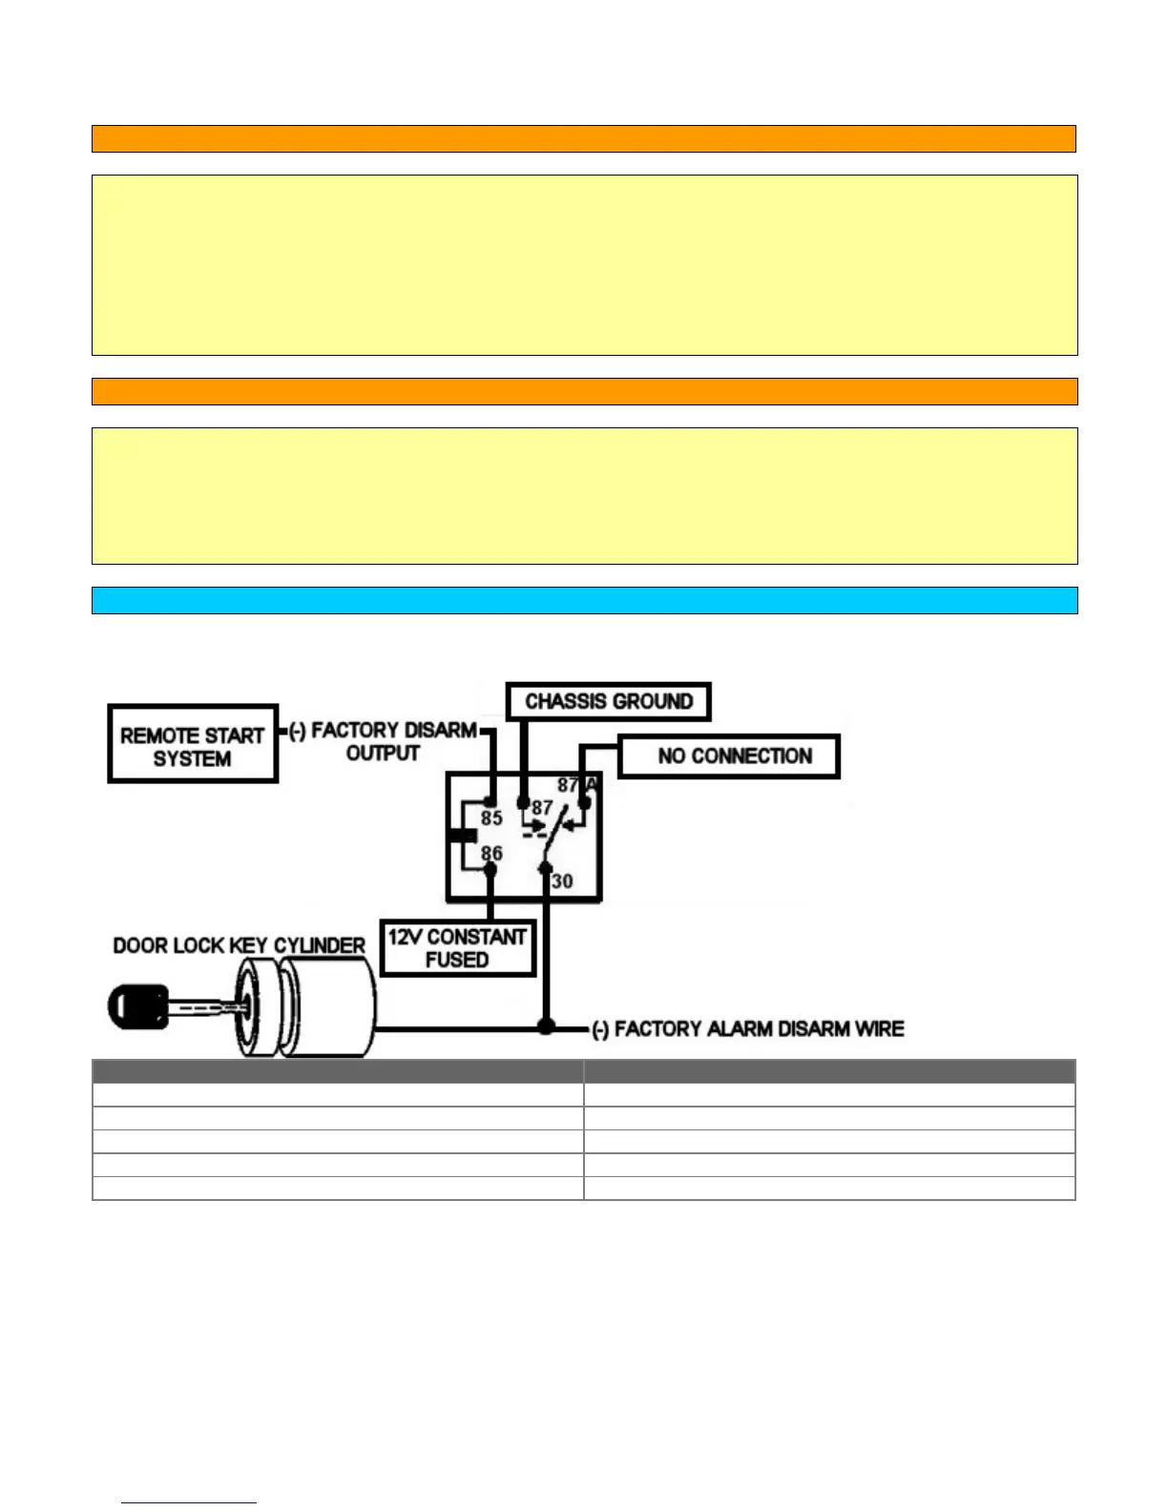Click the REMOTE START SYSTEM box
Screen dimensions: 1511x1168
(x=193, y=744)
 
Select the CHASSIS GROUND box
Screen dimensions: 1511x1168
(x=608, y=701)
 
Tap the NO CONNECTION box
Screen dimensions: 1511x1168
(x=729, y=756)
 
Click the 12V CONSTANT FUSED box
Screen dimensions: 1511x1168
(x=457, y=947)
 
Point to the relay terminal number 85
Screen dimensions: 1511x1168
(x=491, y=818)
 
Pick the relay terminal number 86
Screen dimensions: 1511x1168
(x=491, y=853)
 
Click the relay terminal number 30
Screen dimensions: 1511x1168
(x=562, y=881)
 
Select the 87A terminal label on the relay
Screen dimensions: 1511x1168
(x=576, y=785)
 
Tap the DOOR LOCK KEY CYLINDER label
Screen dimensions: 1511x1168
(x=239, y=945)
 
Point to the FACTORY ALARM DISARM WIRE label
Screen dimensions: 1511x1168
(x=748, y=1029)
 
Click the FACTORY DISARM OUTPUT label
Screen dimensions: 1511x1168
(x=384, y=742)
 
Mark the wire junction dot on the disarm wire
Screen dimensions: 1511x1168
(x=546, y=1027)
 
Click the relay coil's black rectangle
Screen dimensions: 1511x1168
(x=463, y=836)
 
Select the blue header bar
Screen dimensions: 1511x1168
(x=584, y=600)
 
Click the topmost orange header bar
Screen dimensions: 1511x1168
(x=584, y=138)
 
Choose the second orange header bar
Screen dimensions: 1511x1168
(x=584, y=391)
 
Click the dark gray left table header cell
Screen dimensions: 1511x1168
(x=338, y=1070)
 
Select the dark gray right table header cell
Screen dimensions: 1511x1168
(x=829, y=1070)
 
